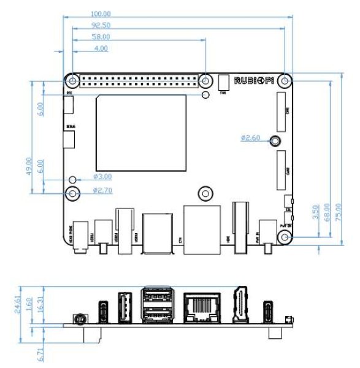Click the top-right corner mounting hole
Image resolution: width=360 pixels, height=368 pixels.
tap(283, 80)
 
